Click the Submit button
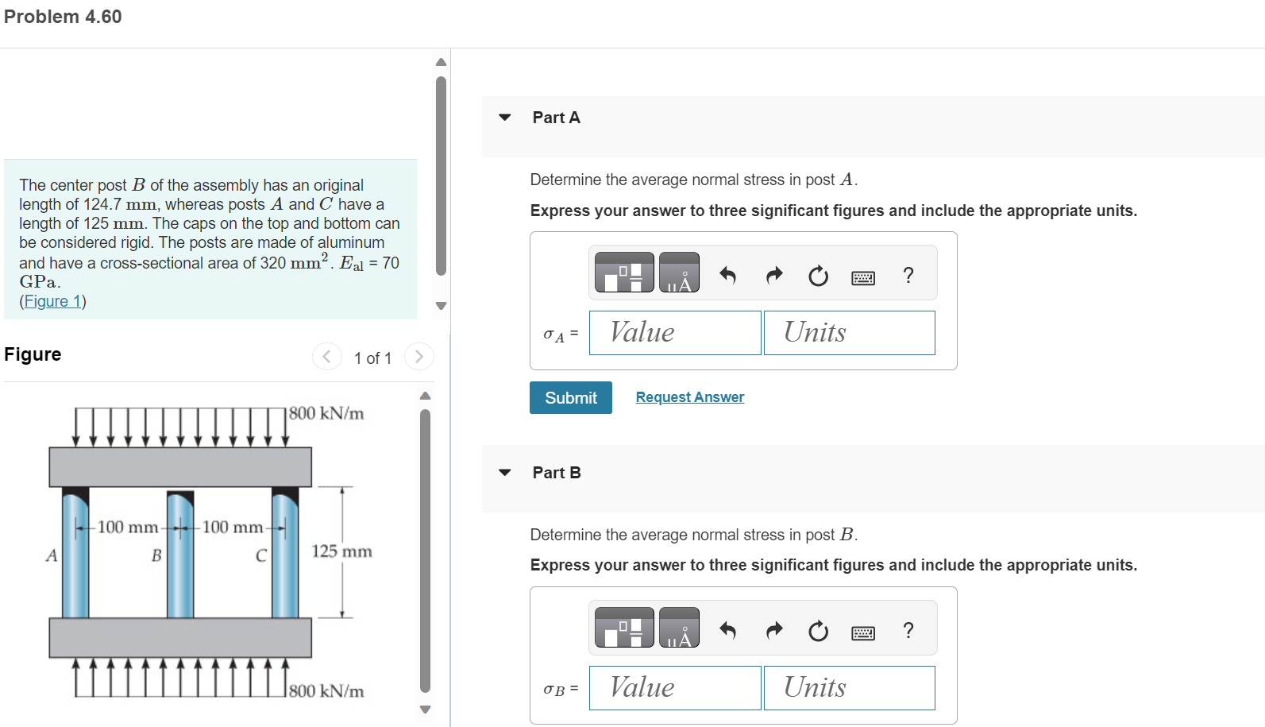coord(570,397)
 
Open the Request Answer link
coord(689,397)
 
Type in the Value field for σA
coord(674,333)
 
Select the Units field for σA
coord(849,333)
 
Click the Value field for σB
coord(674,688)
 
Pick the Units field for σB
coord(849,688)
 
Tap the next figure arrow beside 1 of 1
coord(418,356)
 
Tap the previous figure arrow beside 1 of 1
coord(326,356)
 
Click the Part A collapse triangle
coord(504,118)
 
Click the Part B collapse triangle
coord(504,473)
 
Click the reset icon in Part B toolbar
coord(818,631)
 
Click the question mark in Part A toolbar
coord(908,276)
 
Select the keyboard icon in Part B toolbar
coord(862,632)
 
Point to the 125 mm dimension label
coord(341,551)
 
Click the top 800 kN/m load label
coord(326,413)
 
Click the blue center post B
coord(180,564)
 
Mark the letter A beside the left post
coord(52,555)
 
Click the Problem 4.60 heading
coord(63,17)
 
